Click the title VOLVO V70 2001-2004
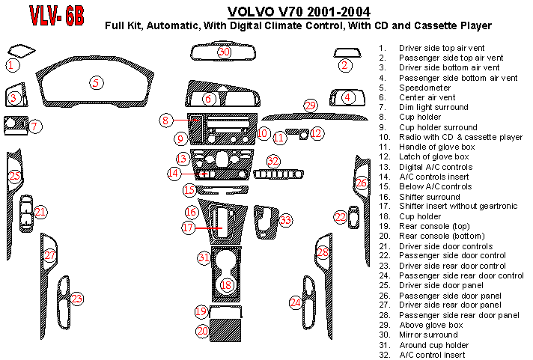click(297, 11)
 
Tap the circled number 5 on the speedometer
click(96, 82)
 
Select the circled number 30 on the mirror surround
click(224, 52)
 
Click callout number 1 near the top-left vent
click(11, 65)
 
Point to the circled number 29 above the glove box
click(311, 106)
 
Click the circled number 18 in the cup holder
click(226, 285)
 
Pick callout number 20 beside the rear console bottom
click(201, 330)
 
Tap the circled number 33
click(286, 220)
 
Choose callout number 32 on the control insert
click(274, 161)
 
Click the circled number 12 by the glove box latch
click(317, 133)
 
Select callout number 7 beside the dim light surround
click(35, 126)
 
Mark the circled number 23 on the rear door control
click(77, 299)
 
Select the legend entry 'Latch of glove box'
click(434, 156)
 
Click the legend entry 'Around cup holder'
click(434, 344)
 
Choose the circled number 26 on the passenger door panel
click(362, 183)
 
